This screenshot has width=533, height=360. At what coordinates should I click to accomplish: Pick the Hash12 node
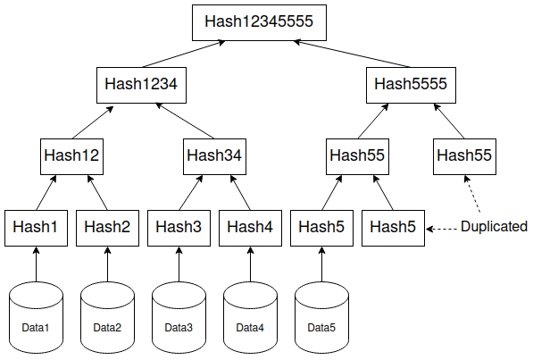[71, 155]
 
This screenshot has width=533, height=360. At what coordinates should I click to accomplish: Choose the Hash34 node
[214, 155]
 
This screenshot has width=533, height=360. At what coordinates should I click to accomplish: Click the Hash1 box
[36, 226]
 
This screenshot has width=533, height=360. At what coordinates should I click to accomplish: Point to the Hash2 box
[107, 226]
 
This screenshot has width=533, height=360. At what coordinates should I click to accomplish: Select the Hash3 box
[179, 226]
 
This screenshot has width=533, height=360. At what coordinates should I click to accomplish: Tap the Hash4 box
[250, 226]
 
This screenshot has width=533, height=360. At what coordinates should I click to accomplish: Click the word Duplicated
[494, 227]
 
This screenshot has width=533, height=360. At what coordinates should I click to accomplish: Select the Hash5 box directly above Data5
[321, 226]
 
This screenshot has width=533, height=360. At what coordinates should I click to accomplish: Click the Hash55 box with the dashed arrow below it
[464, 155]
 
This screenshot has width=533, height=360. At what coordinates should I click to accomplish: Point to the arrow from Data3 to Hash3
[179, 263]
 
